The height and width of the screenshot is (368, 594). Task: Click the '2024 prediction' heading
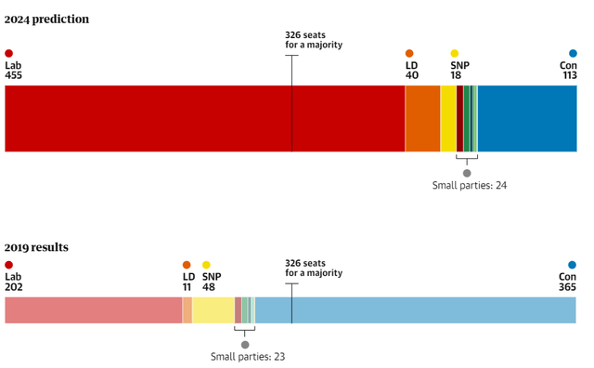46,20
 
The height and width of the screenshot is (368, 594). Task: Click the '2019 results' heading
36,247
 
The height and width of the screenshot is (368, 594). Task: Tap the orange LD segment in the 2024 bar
422,119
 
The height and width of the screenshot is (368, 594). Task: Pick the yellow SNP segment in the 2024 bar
448,119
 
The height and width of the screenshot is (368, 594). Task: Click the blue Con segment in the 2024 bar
527,119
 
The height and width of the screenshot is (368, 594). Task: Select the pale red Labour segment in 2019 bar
93,310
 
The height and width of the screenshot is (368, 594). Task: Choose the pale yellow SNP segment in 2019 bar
213,310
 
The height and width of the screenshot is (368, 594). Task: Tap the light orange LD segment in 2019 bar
187,310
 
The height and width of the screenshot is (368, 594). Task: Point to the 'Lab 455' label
13,71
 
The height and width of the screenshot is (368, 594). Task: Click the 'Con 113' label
568,71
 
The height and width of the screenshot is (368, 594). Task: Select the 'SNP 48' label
212,282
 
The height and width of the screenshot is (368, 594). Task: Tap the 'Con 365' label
567,282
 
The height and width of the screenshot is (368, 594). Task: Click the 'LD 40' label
412,71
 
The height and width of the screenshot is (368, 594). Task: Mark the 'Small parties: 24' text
469,186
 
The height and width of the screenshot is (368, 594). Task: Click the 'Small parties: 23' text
247,357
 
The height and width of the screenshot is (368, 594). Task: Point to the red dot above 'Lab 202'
9,265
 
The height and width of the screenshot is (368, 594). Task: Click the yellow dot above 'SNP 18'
455,54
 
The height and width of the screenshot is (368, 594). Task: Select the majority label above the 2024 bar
313,40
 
